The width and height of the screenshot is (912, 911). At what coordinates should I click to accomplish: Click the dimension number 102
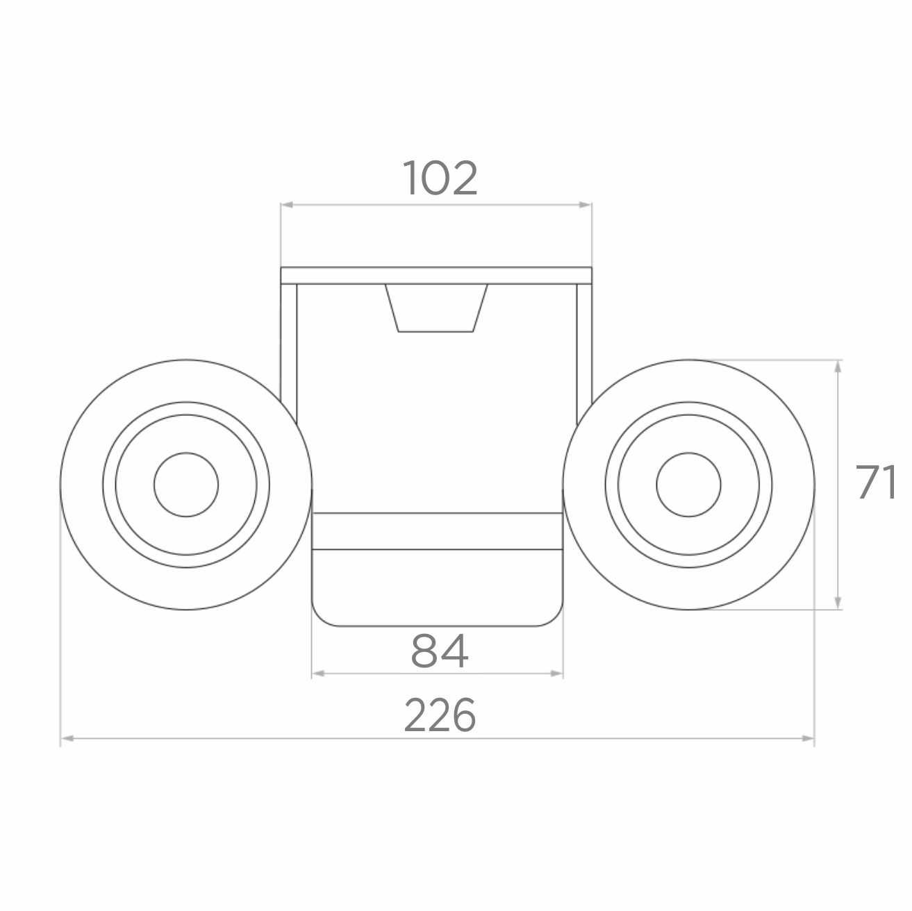(x=440, y=178)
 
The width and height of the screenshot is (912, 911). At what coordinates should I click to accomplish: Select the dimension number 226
(x=440, y=715)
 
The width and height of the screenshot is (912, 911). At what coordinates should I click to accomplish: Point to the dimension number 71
(x=875, y=482)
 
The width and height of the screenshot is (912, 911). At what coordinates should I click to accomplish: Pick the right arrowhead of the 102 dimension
(x=586, y=205)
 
